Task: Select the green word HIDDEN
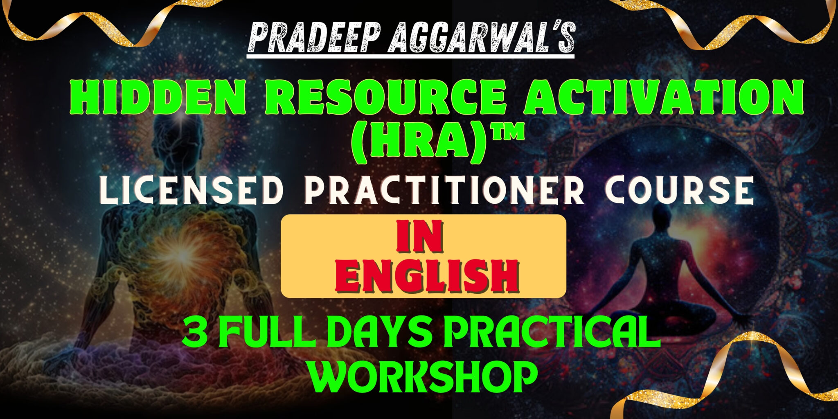[157, 97]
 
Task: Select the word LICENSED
[192, 191]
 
